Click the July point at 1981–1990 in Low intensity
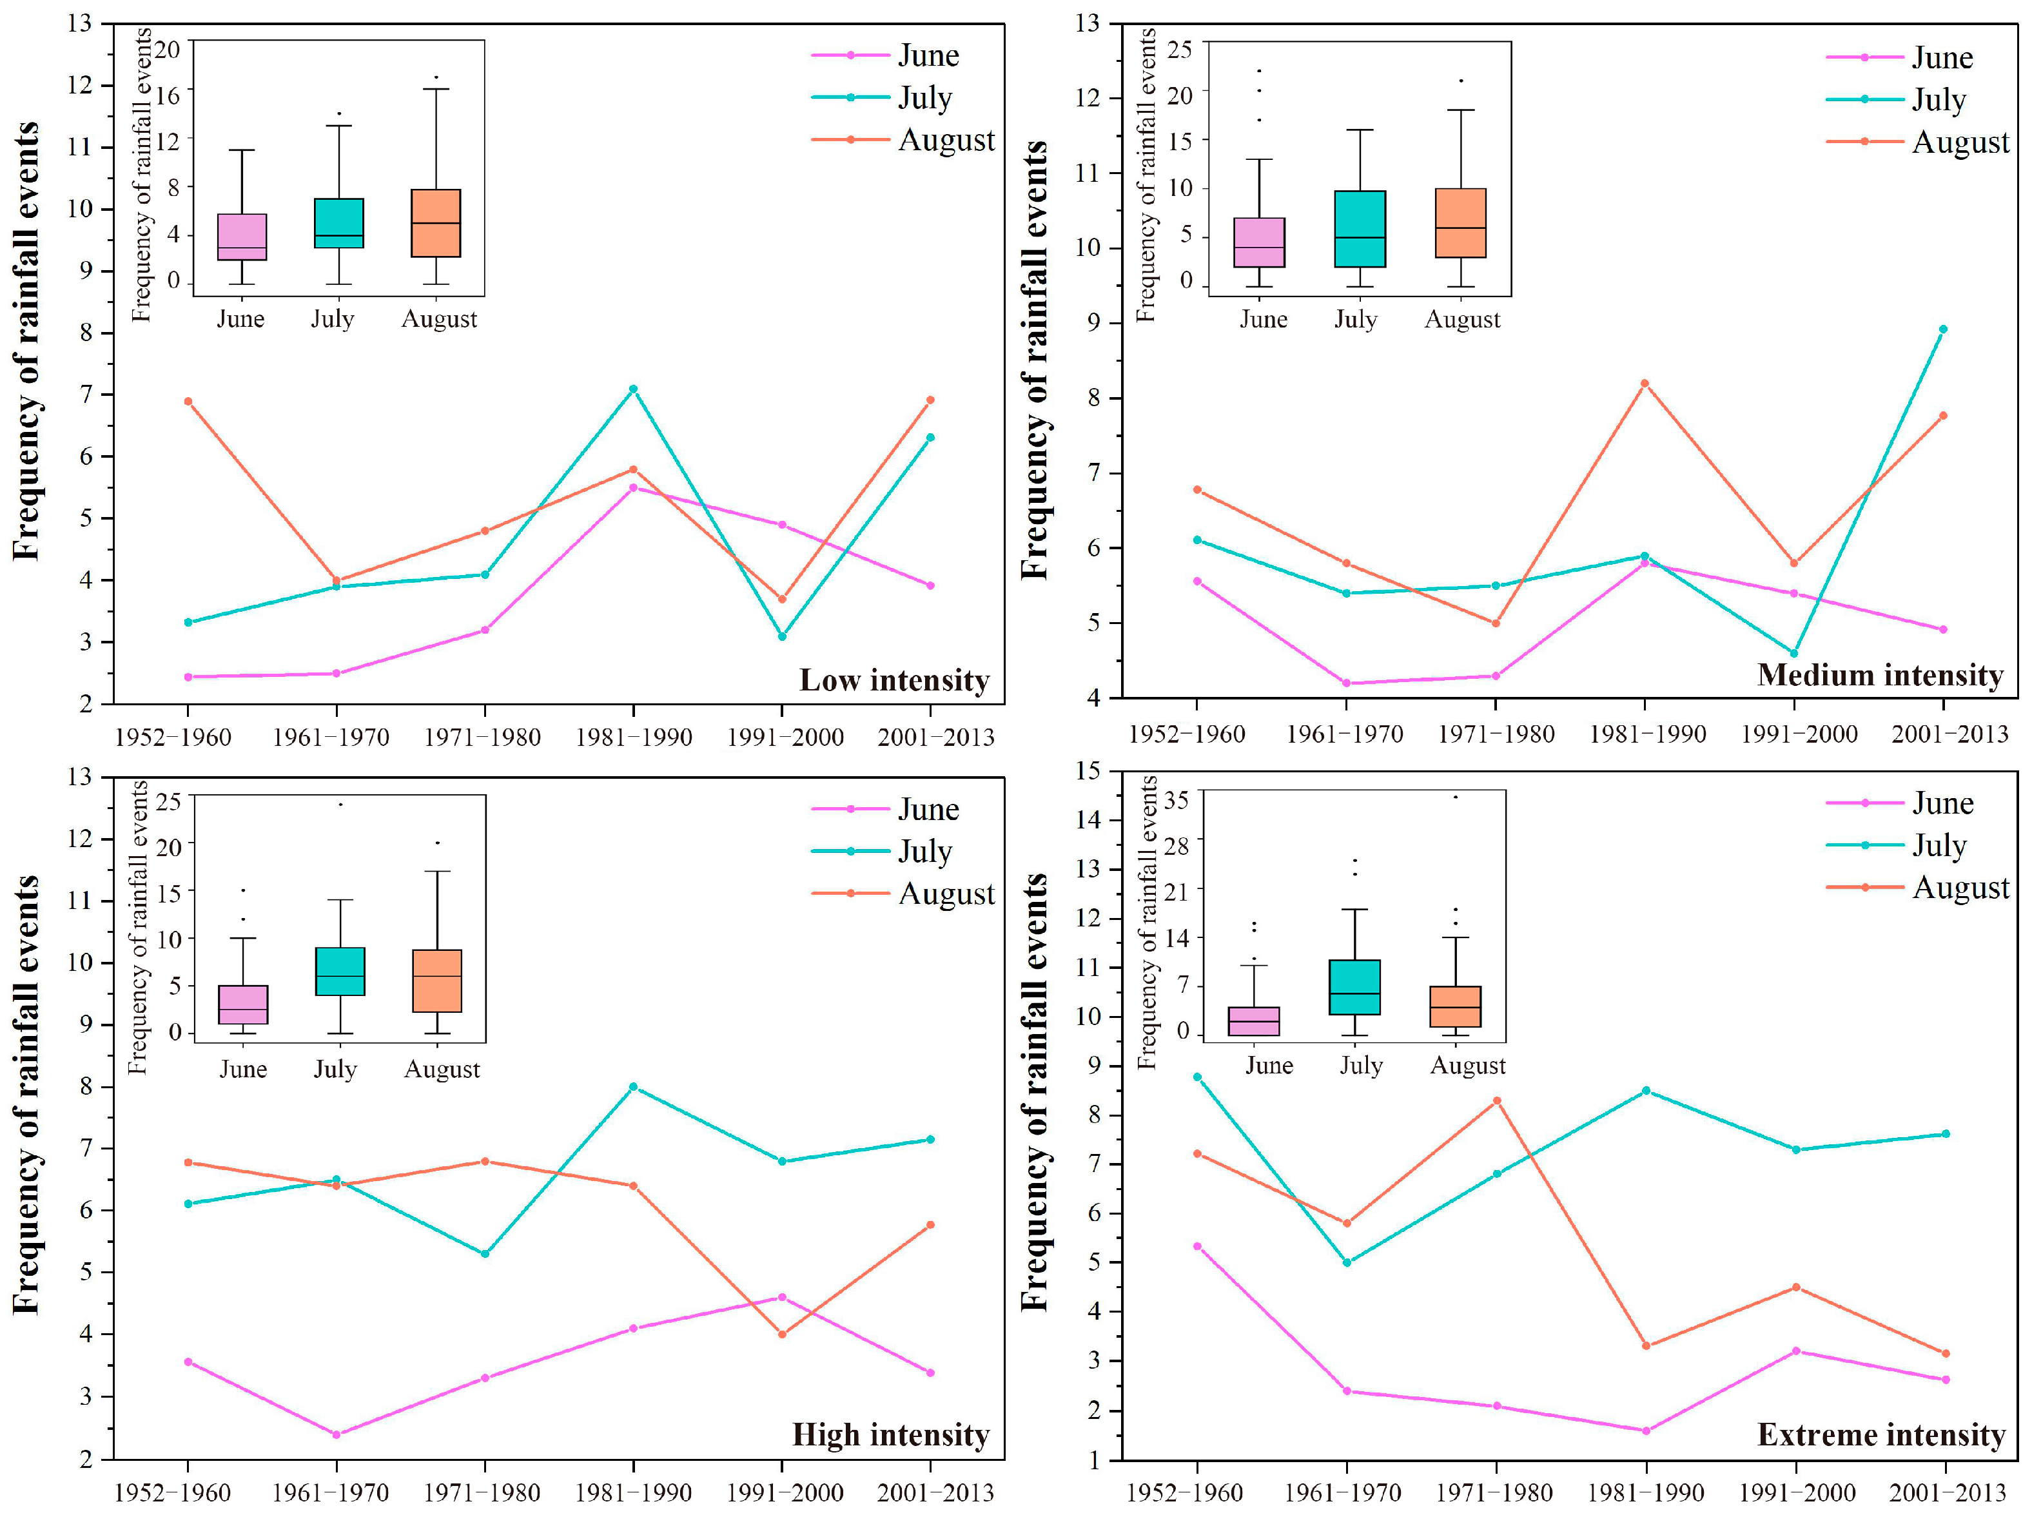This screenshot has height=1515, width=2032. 632,389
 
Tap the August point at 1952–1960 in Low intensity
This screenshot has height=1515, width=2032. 188,401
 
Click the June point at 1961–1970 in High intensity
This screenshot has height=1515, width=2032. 336,1434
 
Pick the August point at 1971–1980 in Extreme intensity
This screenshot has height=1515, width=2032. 1496,1100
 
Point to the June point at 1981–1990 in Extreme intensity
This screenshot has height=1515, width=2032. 1646,1431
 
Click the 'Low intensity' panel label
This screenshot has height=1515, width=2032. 894,681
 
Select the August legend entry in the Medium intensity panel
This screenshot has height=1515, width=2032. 1917,142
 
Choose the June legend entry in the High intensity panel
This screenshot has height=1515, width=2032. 885,809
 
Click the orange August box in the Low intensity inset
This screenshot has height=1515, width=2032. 436,223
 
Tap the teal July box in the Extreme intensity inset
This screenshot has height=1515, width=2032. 1354,987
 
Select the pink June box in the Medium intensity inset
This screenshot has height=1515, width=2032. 1259,242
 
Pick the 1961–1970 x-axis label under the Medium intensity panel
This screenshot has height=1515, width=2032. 1344,734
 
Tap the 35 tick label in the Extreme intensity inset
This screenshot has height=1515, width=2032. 1177,799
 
